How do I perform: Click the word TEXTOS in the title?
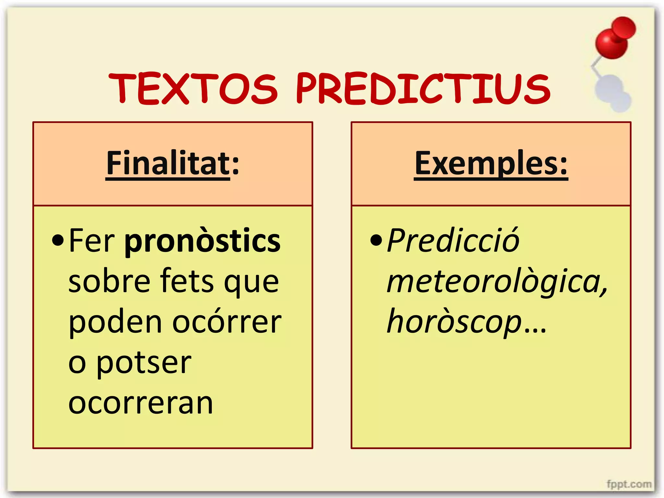point(193,89)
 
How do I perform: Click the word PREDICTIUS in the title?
point(423,89)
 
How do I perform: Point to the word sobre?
point(109,281)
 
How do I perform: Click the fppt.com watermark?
point(629,484)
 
